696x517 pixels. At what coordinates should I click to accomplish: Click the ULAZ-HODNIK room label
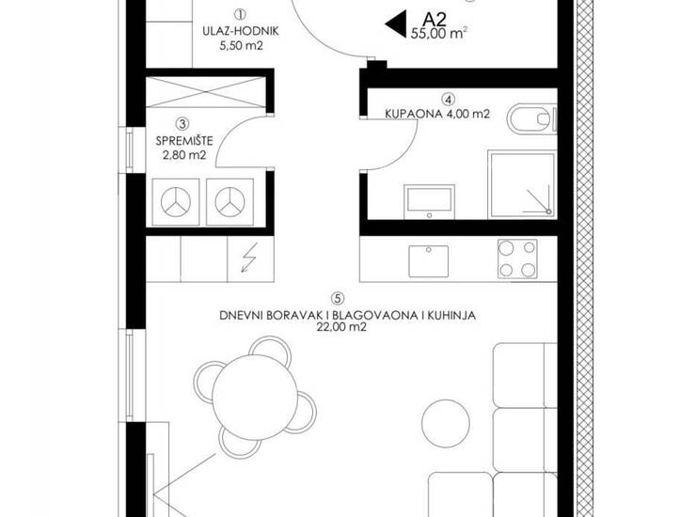pyautogui.click(x=241, y=32)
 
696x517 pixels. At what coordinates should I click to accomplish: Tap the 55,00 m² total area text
pyautogui.click(x=438, y=34)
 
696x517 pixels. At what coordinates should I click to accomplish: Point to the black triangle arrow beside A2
pyautogui.click(x=396, y=23)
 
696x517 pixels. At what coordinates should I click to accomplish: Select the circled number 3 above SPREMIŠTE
pyautogui.click(x=182, y=123)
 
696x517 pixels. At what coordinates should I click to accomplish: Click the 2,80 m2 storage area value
pyautogui.click(x=184, y=155)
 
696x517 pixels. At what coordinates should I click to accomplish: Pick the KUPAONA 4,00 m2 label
pyautogui.click(x=437, y=114)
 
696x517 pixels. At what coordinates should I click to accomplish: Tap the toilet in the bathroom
pyautogui.click(x=531, y=118)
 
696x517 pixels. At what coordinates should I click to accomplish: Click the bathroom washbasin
pyautogui.click(x=429, y=201)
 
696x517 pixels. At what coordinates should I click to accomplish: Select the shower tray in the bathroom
pyautogui.click(x=522, y=184)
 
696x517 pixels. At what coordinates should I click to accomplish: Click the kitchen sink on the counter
pyautogui.click(x=428, y=261)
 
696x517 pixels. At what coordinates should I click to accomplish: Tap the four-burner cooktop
pyautogui.click(x=517, y=258)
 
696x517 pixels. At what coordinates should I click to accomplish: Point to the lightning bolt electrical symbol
pyautogui.click(x=248, y=258)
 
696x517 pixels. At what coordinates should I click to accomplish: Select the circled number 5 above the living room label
pyautogui.click(x=338, y=298)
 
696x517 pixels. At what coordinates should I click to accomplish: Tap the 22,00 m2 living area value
pyautogui.click(x=341, y=327)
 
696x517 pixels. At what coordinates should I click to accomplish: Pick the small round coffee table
pyautogui.click(x=445, y=422)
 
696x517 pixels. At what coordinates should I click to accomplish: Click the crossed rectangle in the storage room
pyautogui.click(x=206, y=92)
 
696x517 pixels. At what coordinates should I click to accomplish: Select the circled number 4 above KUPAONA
pyautogui.click(x=450, y=99)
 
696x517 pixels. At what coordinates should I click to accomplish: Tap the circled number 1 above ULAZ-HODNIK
pyautogui.click(x=240, y=15)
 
